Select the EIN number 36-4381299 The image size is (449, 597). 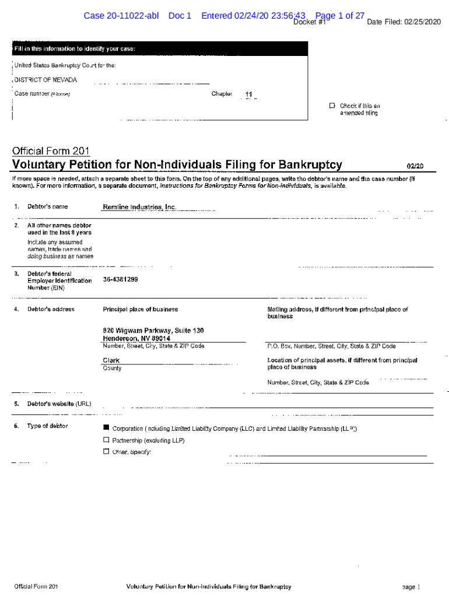(x=120, y=279)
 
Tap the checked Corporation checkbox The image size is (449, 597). (x=106, y=429)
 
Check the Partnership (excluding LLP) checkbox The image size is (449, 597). (x=106, y=440)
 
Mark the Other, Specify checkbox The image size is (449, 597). (x=106, y=451)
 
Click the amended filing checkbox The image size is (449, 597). (x=332, y=106)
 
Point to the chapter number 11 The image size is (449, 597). (x=249, y=94)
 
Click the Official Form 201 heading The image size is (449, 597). (x=51, y=151)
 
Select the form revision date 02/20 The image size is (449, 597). (x=415, y=166)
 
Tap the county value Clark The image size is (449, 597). (x=111, y=360)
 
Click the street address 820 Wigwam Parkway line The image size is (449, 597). (x=153, y=331)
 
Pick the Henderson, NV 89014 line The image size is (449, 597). (x=136, y=339)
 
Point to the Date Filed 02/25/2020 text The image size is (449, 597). (x=404, y=22)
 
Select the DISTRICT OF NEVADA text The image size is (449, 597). (x=45, y=80)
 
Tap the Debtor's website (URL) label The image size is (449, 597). (x=59, y=404)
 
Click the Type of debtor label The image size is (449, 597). (x=47, y=426)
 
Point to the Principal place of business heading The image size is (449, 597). (x=141, y=310)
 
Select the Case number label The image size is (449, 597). (x=32, y=93)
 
